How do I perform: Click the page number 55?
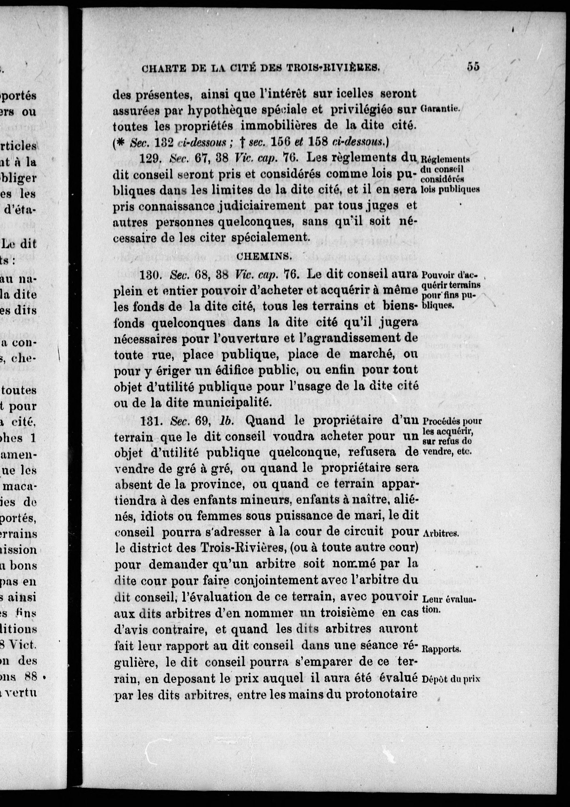click(473, 66)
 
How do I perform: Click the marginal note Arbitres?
click(440, 533)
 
